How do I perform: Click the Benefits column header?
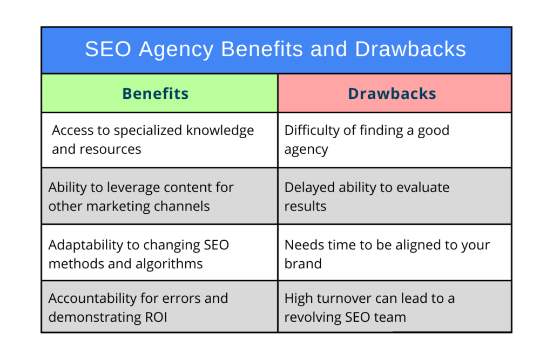(155, 93)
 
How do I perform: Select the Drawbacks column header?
(392, 93)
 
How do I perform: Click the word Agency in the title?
(176, 50)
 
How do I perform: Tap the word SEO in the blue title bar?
(108, 49)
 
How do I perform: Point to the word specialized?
(148, 131)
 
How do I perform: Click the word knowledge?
(220, 131)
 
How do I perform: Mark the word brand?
(303, 264)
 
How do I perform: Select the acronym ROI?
(156, 317)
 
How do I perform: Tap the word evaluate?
(423, 188)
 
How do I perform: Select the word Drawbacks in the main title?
(410, 49)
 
